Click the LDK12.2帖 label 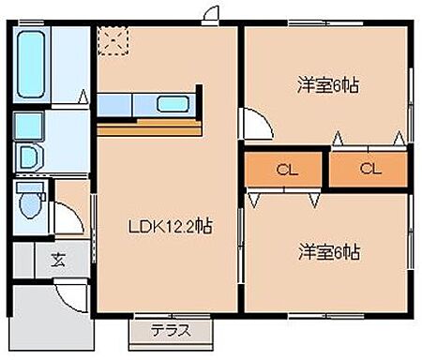tap(168, 226)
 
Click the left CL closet tap(284, 171)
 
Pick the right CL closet tap(369, 171)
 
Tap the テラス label tap(170, 330)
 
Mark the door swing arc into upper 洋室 tap(255, 123)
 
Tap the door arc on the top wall tap(212, 14)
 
